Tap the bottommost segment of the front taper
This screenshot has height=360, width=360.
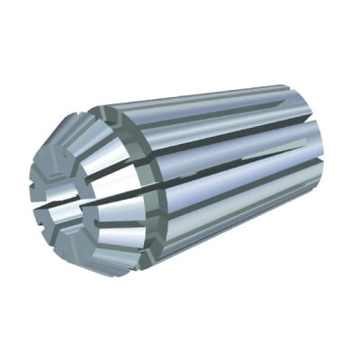pyautogui.click(x=99, y=261)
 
